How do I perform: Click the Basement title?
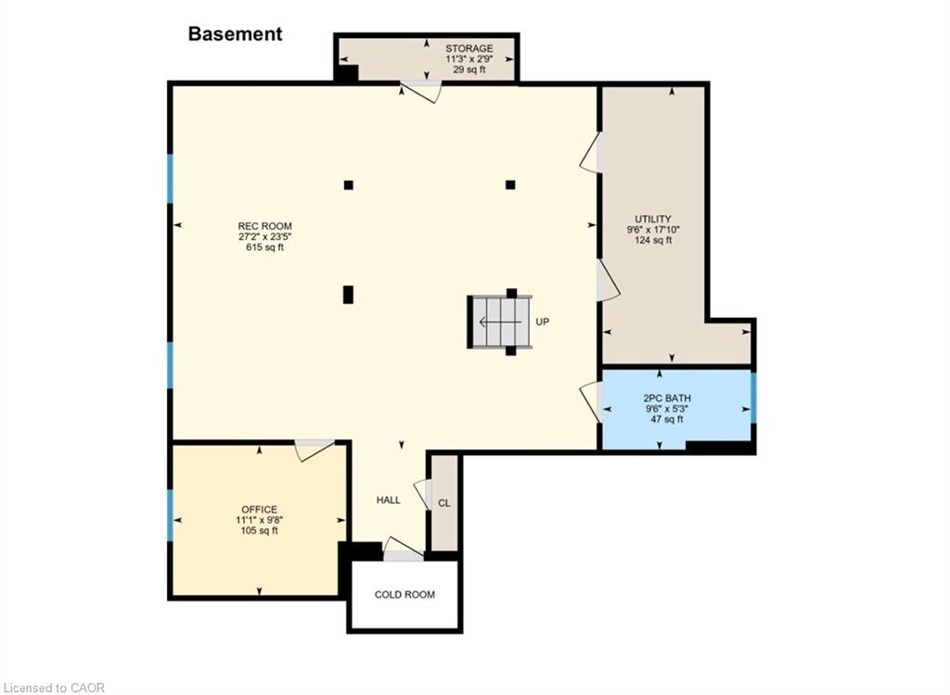click(235, 34)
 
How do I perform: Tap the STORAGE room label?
click(469, 48)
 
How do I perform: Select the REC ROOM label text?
click(264, 226)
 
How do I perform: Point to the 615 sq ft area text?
click(264, 247)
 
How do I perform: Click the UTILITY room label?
click(653, 219)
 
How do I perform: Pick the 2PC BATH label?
click(667, 398)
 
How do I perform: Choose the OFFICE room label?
click(260, 510)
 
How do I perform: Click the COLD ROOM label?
click(404, 595)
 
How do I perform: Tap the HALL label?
click(389, 500)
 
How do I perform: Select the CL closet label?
click(444, 503)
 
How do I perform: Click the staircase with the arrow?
click(500, 322)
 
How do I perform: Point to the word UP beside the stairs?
click(542, 322)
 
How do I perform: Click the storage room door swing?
click(422, 92)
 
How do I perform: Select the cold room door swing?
click(404, 547)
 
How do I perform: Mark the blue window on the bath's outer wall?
click(753, 398)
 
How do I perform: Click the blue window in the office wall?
click(171, 515)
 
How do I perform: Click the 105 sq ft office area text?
click(260, 530)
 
